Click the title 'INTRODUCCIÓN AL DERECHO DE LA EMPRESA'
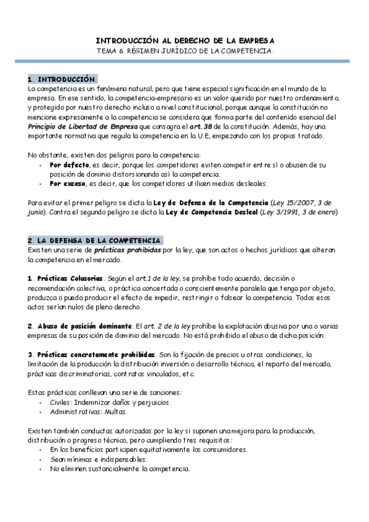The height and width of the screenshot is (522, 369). coord(184,39)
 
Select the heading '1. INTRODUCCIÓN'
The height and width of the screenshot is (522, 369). coord(62,79)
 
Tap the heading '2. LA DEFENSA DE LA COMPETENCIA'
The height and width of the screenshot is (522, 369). coord(95,239)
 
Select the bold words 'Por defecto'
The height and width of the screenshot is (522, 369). coord(69,165)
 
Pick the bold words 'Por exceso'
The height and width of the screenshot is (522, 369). coord(68,183)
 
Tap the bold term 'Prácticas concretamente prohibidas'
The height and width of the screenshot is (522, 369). coord(95,355)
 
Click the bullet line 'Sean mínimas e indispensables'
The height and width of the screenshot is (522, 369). coord(99,459)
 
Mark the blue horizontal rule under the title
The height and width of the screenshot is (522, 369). coord(184,61)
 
